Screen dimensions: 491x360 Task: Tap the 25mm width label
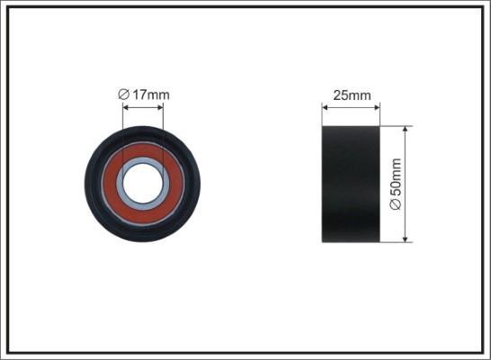click(352, 95)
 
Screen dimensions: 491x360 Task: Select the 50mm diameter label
click(396, 184)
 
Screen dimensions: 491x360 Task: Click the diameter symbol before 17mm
click(123, 94)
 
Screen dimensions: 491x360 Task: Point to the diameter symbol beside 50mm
click(396, 204)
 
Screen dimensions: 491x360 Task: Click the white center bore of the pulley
click(143, 184)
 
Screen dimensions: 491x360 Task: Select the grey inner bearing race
click(143, 160)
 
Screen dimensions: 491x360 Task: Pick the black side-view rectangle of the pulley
click(351, 184)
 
